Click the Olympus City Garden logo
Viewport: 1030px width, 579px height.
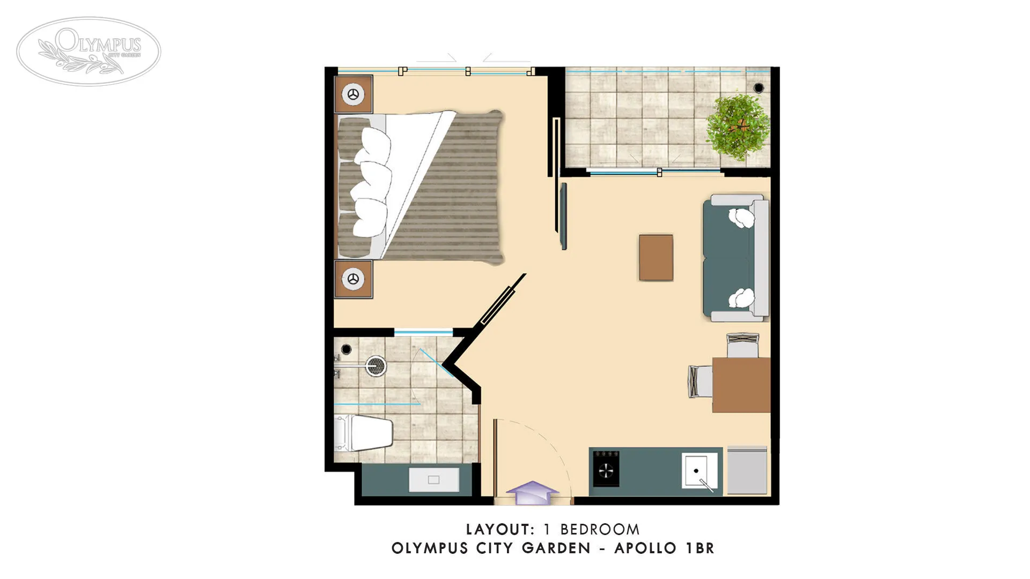tap(89, 51)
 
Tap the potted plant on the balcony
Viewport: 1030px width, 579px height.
tap(738, 127)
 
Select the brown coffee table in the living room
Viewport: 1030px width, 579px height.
tap(656, 257)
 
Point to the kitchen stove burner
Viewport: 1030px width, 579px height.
tap(606, 470)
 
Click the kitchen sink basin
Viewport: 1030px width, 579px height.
tap(698, 471)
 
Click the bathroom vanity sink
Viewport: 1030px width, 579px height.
tap(433, 480)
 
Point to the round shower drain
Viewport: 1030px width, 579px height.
tap(376, 366)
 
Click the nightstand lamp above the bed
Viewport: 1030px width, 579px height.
tap(353, 94)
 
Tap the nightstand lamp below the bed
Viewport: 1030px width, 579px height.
tap(353, 279)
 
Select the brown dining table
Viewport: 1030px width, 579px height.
tap(741, 385)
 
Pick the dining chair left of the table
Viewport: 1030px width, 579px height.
tap(700, 381)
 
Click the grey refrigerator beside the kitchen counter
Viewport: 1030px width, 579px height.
tap(746, 470)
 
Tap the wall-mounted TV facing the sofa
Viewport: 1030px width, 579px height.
tap(563, 216)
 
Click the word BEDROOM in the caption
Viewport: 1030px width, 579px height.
tap(600, 530)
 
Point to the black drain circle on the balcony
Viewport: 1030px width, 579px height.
tap(759, 87)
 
